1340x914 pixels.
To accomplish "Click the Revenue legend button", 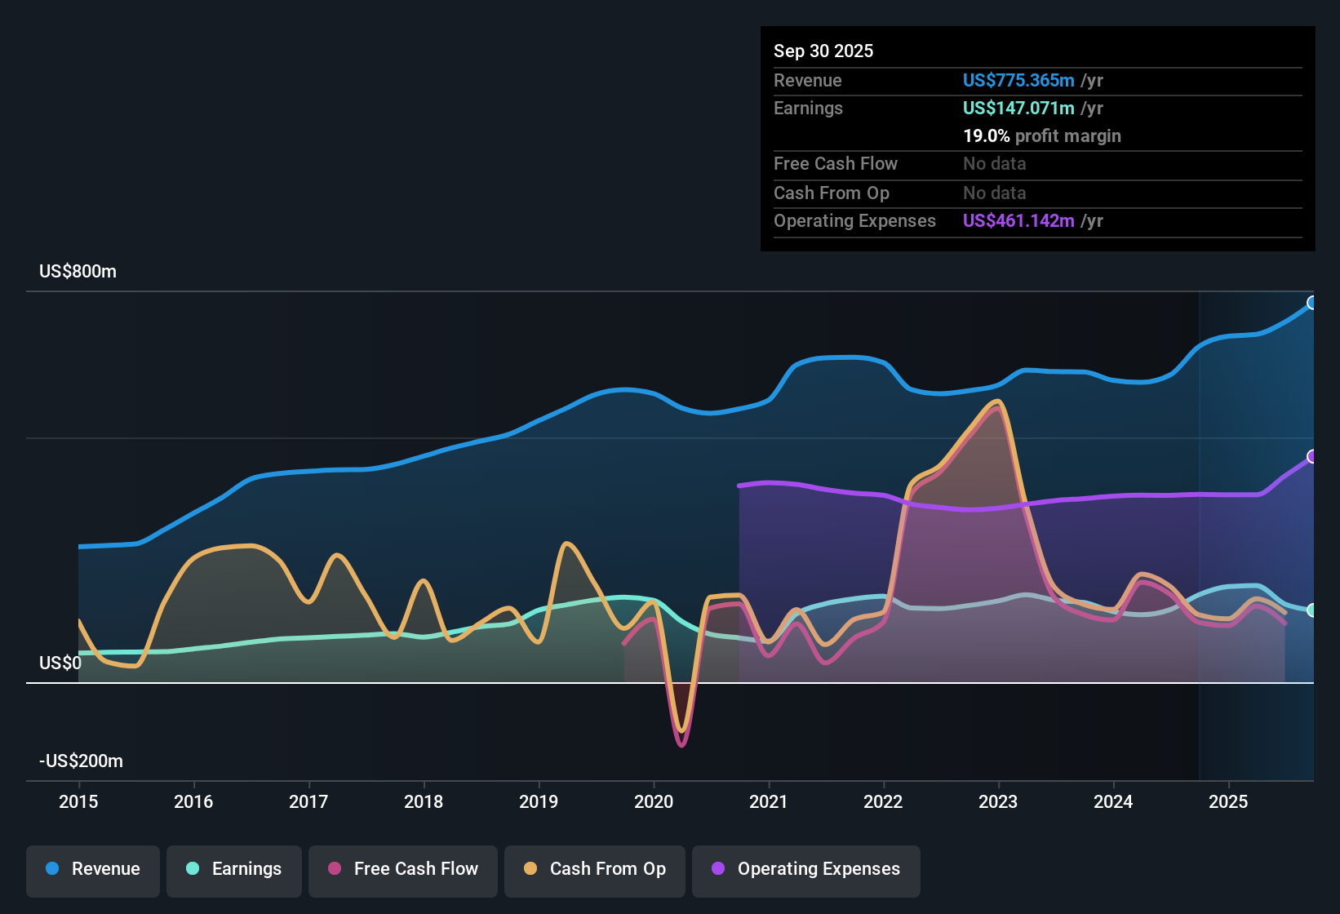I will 93,869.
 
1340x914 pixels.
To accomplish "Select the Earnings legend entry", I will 233,869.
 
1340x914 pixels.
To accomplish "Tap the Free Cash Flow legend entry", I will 402,869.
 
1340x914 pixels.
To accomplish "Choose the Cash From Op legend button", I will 594,869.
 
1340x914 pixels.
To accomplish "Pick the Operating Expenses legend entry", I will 805,869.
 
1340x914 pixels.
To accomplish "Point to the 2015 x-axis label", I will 78,801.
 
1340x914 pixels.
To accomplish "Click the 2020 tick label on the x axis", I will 654,801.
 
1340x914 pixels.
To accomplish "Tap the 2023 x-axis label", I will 998,801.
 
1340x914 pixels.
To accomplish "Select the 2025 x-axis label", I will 1228,801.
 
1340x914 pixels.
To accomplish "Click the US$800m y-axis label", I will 78,272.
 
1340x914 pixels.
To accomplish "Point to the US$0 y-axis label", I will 60,663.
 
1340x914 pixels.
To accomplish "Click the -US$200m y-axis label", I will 81,761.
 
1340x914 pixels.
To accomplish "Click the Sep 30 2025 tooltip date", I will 823,51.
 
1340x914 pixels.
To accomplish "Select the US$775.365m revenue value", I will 1018,80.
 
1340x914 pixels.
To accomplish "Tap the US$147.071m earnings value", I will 1018,108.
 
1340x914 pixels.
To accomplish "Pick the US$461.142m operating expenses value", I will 1018,220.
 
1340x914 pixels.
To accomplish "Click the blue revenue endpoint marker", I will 1311,303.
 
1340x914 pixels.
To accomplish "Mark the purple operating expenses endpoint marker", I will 1311,456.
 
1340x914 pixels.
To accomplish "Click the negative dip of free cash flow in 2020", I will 681,743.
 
